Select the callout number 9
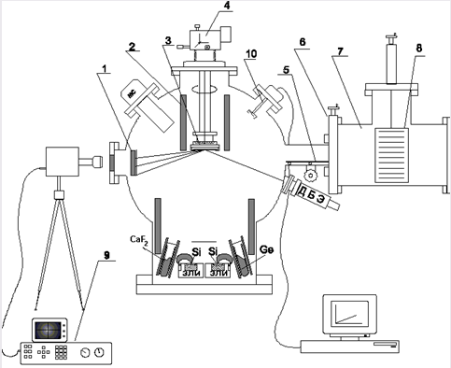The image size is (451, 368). (106, 256)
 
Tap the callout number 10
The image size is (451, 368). (251, 53)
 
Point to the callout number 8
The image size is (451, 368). (419, 49)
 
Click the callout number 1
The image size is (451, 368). (106, 68)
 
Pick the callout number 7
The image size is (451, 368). (341, 50)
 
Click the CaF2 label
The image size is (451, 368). (136, 240)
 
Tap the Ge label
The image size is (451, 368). (266, 249)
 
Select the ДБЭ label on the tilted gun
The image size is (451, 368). (310, 194)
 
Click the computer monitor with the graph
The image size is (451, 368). (349, 315)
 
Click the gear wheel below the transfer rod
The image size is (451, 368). (310, 176)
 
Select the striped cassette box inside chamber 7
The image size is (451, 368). (391, 155)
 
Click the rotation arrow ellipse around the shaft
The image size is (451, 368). (204, 89)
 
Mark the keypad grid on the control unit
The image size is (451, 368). (61, 352)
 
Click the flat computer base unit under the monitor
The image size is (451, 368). (349, 347)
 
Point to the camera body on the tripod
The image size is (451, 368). (62, 162)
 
